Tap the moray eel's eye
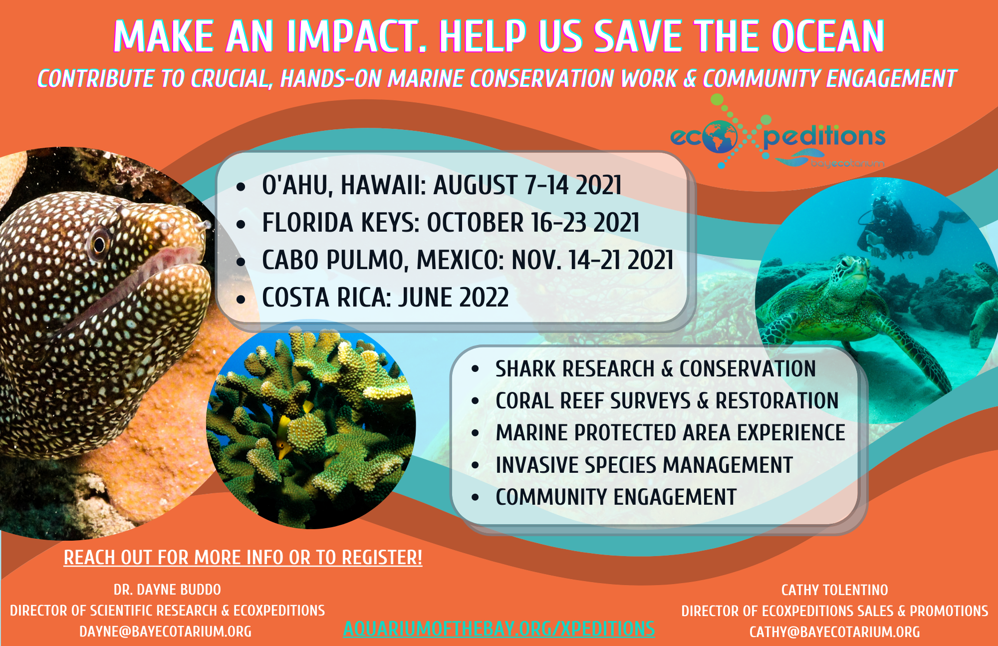coord(99,244)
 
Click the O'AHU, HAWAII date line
coord(442,185)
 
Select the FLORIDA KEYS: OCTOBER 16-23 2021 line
coord(451,223)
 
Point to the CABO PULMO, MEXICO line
coord(468,260)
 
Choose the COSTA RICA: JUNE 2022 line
coord(385,298)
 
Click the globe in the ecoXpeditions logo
coord(720,137)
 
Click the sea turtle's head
coord(850,270)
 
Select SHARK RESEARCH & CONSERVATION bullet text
coord(656,369)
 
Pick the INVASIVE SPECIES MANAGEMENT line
coord(644,465)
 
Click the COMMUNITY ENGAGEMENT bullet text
coord(616,497)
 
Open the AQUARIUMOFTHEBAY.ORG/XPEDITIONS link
coord(499,629)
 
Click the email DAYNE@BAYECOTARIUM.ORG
coord(166,632)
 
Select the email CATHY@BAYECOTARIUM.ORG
coord(835,632)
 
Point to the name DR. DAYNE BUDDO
coord(167,590)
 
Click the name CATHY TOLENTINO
coord(835,590)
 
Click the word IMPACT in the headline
coord(357,36)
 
